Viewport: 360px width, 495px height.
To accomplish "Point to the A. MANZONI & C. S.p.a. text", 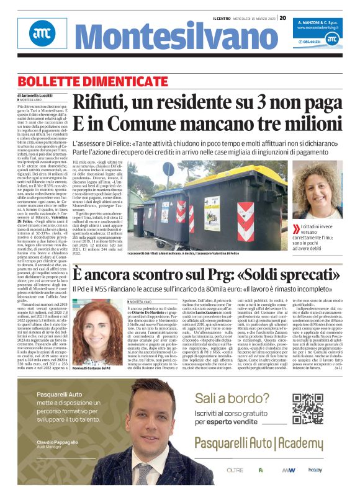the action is (317, 21).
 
